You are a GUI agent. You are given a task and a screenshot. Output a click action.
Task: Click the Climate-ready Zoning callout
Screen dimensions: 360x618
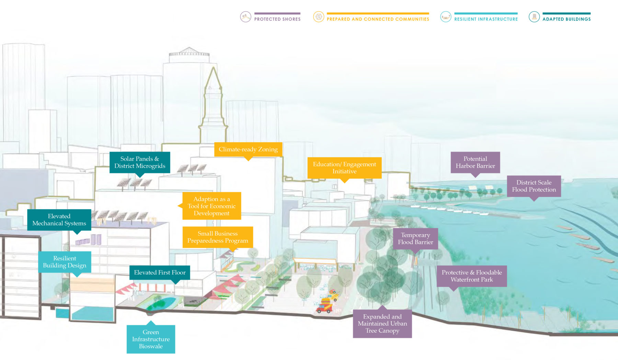(248, 149)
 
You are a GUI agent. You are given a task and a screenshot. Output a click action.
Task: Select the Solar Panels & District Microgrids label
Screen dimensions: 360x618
(140, 162)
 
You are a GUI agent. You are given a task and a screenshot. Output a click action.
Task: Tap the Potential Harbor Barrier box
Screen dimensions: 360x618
(475, 162)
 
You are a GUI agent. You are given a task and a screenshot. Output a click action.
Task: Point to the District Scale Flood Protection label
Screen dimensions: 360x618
(534, 186)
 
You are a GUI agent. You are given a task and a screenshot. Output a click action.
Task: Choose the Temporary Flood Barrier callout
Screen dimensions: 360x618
(415, 239)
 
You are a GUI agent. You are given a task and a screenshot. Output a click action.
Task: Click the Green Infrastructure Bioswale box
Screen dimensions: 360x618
(151, 339)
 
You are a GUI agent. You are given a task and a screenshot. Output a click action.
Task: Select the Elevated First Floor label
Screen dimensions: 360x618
(160, 272)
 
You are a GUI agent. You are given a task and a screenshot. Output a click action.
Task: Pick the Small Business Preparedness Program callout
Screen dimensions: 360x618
(218, 237)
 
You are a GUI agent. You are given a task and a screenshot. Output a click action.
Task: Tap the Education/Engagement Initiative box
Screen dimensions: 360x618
(344, 168)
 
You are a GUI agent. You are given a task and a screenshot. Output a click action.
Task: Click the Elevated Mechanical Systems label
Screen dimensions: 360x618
(59, 220)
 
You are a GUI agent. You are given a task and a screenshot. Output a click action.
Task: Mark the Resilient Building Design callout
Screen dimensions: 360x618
(65, 262)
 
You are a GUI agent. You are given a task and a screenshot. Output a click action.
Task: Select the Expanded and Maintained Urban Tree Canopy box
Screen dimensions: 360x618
(382, 324)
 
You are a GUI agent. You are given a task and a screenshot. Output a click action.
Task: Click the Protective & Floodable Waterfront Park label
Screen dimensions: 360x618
(472, 276)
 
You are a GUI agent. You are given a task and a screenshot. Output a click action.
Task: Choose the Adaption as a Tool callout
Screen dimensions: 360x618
(211, 206)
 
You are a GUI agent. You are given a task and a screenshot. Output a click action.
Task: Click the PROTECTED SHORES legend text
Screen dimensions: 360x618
(277, 19)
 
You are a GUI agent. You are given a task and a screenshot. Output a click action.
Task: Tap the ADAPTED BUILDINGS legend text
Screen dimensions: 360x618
(566, 19)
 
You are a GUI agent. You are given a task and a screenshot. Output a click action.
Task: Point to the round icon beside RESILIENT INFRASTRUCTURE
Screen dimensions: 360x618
(446, 16)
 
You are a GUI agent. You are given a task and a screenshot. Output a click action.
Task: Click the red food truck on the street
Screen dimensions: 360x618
(325, 305)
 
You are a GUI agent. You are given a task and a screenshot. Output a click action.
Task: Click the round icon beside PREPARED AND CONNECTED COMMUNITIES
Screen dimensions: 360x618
(319, 16)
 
